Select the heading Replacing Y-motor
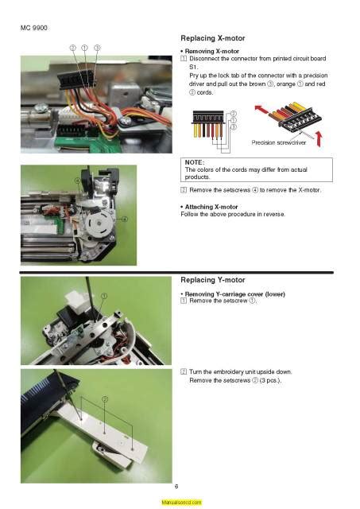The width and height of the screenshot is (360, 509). click(213, 280)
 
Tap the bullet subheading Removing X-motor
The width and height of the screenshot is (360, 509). click(210, 51)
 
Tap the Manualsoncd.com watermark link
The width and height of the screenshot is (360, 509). click(180, 503)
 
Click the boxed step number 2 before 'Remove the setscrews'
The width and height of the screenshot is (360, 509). click(184, 188)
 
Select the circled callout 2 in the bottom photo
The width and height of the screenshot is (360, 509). click(104, 398)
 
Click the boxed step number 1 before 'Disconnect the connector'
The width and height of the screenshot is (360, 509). click(184, 60)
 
